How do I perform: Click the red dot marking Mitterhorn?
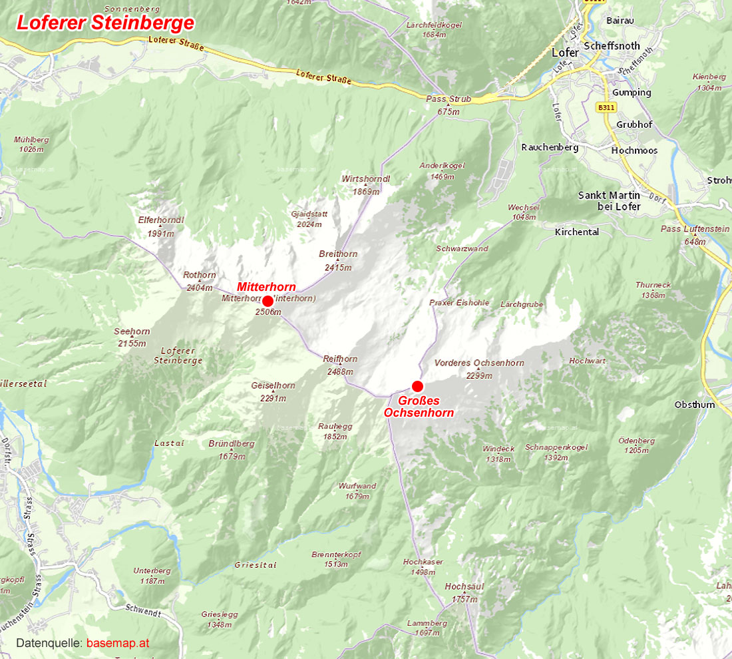[268, 301]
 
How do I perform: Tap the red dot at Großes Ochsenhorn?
[417, 386]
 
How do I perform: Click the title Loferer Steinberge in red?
[105, 23]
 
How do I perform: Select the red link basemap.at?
[118, 644]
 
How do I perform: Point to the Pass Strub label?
[449, 99]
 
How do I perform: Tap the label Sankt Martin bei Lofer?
[609, 200]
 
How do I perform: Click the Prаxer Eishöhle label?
[459, 302]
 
